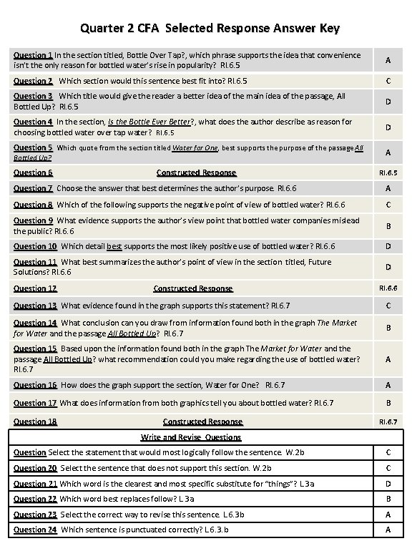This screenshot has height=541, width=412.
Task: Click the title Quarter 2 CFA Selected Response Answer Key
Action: pyautogui.click(x=210, y=29)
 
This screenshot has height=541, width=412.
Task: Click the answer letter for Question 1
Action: pyautogui.click(x=388, y=61)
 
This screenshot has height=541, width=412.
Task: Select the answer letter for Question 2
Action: pyautogui.click(x=388, y=81)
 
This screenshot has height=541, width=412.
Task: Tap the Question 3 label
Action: pyautogui.click(x=34, y=96)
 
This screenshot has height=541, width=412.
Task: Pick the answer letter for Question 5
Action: pyautogui.click(x=388, y=152)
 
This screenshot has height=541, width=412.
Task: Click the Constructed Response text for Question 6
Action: pyautogui.click(x=196, y=172)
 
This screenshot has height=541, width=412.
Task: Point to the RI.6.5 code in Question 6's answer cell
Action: pyautogui.click(x=388, y=172)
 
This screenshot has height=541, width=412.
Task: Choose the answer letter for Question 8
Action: pyautogui.click(x=388, y=205)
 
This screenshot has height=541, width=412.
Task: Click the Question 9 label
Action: pyautogui.click(x=34, y=220)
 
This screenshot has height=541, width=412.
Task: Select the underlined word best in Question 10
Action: pyautogui.click(x=114, y=246)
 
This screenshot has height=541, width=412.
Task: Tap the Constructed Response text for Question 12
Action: pyautogui.click(x=193, y=288)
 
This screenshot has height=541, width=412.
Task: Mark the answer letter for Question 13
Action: pyautogui.click(x=388, y=306)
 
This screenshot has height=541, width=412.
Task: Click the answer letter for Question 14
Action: pyautogui.click(x=388, y=328)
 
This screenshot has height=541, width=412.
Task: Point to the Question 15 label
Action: pyautogui.click(x=35, y=349)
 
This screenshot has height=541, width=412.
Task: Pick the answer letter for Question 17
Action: pyautogui.click(x=388, y=404)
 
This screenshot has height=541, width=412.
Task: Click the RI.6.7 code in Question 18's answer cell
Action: pyautogui.click(x=388, y=421)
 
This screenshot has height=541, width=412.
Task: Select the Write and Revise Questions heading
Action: pyautogui.click(x=191, y=437)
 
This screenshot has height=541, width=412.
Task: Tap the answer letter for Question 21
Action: pyautogui.click(x=388, y=484)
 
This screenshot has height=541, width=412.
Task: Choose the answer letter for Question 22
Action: pyautogui.click(x=388, y=499)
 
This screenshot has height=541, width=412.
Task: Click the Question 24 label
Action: pyautogui.click(x=34, y=530)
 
